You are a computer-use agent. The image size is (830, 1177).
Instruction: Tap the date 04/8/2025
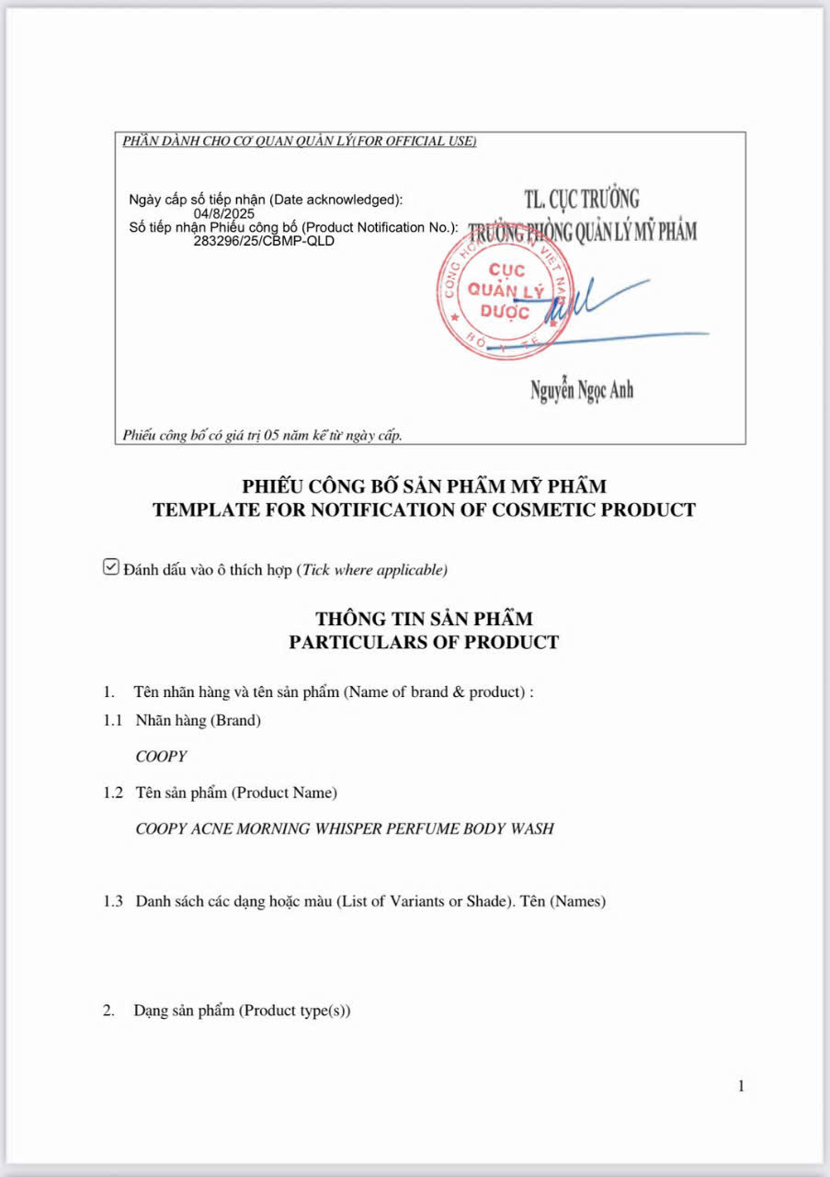pos(223,213)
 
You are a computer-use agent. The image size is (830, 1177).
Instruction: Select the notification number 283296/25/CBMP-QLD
pos(264,242)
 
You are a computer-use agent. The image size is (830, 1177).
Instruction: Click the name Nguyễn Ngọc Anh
pos(581,390)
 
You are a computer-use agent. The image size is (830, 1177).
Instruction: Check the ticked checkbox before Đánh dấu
pos(110,567)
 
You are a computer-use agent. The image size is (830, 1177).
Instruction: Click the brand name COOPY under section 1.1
pos(161,757)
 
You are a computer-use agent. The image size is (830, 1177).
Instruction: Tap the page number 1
pos(741,1086)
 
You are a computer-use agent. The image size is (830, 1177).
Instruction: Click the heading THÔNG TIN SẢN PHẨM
pos(424,619)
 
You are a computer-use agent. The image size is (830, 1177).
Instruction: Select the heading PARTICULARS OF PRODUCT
pos(424,642)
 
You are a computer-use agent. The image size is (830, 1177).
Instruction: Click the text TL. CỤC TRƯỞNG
pos(581,198)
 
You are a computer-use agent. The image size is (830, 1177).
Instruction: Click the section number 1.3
pos(113,901)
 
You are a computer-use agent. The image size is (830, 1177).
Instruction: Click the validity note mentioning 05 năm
pos(262,435)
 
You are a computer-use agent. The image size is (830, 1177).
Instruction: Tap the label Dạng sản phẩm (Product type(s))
pos(242,1011)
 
